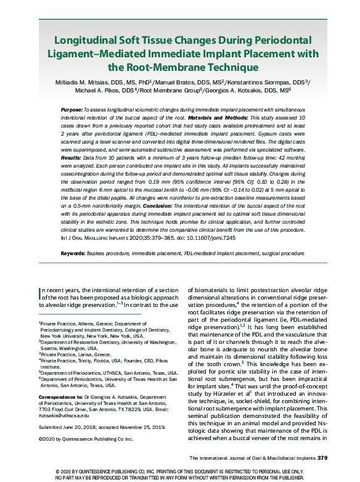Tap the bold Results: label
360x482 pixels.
tap(72, 157)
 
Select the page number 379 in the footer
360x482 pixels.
tap(322, 457)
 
